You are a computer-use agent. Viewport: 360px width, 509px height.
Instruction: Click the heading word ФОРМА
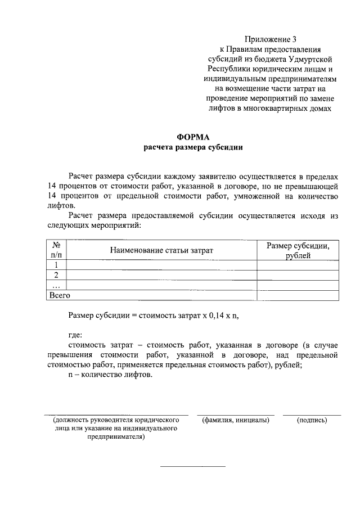(193, 137)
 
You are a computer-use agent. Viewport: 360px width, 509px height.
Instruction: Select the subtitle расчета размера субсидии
(193, 147)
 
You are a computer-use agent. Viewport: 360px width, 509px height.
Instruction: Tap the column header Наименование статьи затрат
(162, 250)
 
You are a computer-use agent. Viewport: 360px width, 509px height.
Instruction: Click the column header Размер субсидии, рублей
(298, 250)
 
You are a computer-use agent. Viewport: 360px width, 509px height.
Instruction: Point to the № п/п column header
(56, 250)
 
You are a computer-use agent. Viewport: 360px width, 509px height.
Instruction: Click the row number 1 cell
(56, 265)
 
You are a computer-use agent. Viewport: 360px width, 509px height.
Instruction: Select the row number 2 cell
(56, 275)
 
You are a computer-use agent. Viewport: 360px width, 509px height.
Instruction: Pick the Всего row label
(60, 295)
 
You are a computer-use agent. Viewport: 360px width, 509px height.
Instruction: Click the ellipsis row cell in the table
(56, 285)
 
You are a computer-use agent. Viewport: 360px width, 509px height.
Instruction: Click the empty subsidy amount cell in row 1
(298, 265)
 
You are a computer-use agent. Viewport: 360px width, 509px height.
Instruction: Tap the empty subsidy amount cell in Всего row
(298, 295)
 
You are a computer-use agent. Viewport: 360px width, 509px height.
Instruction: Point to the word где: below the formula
(75, 335)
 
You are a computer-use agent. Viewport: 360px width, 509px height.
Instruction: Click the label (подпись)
(312, 420)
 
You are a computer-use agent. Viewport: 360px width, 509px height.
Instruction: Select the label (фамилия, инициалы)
(235, 420)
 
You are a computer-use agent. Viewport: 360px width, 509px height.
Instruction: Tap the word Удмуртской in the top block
(318, 58)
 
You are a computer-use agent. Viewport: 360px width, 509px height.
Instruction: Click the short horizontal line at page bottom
(193, 466)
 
